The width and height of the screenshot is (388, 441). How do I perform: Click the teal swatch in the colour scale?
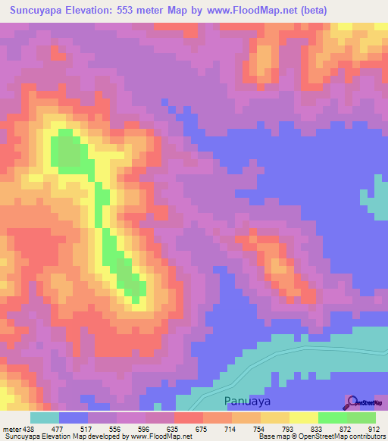click(44, 418)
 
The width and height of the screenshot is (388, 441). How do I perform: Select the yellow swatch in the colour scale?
click(303, 418)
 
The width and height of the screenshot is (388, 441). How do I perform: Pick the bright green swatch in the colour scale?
click(332, 418)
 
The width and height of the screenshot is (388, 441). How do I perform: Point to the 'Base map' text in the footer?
click(273, 436)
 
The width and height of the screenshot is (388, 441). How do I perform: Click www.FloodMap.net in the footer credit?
click(161, 436)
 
